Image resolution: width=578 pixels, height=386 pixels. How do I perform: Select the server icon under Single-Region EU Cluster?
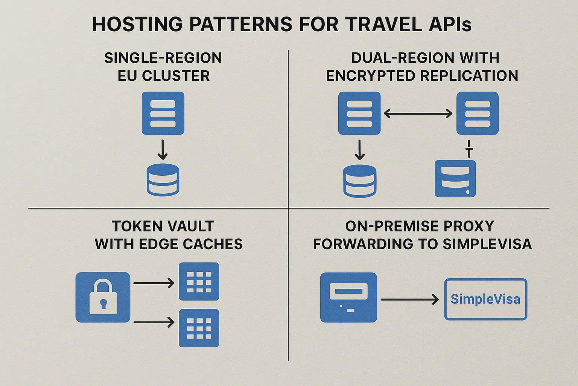163,113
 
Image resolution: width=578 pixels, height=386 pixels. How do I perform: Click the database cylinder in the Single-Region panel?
163,179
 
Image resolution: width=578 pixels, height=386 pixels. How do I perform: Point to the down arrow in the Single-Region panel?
163,150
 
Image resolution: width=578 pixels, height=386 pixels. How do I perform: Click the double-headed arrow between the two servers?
418,113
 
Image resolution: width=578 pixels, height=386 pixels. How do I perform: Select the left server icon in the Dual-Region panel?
359,113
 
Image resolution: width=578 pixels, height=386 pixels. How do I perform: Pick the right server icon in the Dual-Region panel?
477,113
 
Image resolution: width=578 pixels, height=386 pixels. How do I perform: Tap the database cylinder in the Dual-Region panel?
360,181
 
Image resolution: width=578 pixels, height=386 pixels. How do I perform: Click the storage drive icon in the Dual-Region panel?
455,179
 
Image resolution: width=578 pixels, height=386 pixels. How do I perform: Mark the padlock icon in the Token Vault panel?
103,297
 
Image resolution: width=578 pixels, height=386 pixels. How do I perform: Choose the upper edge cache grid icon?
199,282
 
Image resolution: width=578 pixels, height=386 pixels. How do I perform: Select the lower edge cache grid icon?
199,328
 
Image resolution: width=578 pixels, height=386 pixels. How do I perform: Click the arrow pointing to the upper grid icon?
154,283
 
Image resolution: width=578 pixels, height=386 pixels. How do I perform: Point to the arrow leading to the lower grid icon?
154,322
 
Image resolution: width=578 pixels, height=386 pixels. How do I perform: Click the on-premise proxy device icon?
348,297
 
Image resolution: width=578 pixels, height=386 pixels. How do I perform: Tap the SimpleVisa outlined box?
485,299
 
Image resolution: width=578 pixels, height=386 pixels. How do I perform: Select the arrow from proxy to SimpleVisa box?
409,300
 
